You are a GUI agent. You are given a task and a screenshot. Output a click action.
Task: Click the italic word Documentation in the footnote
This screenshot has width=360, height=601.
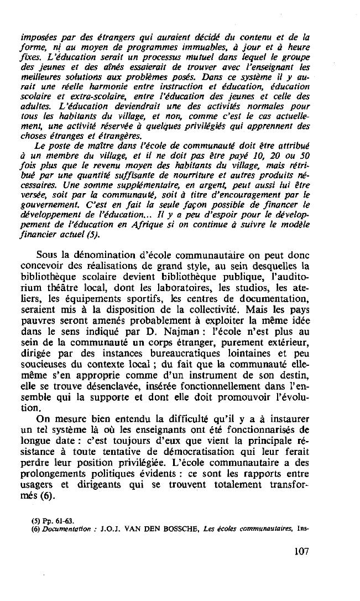(62, 528)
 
